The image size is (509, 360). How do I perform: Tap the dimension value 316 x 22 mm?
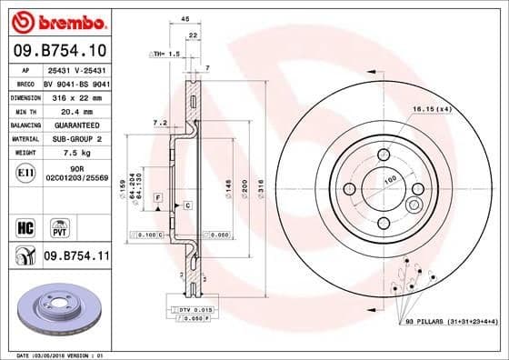pos(75,95)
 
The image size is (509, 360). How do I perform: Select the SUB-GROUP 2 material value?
pos(75,138)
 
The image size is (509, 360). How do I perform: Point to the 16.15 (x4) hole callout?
pos(432,109)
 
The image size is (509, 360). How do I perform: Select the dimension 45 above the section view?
pos(185,18)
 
